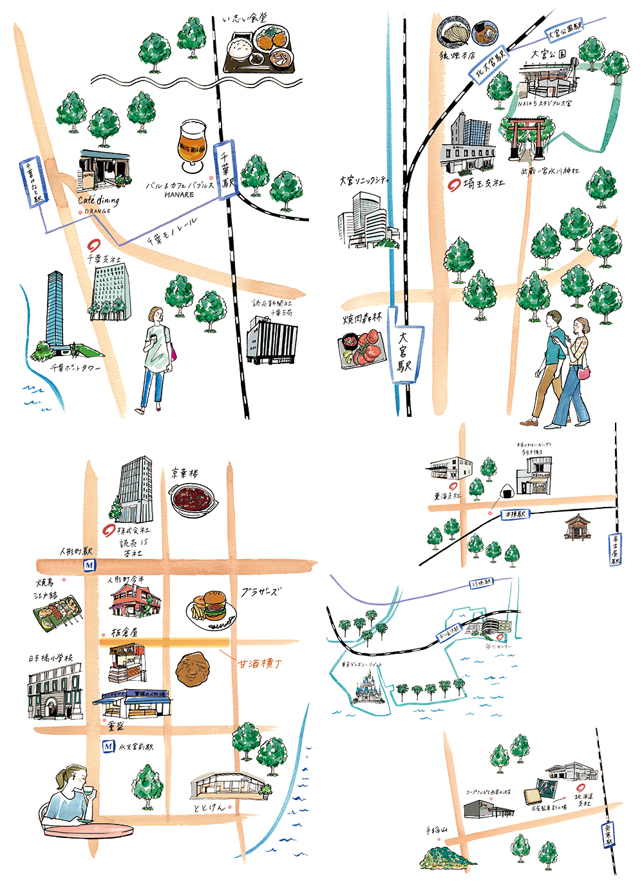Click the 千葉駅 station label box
tap(227, 171)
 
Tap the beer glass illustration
tap(192, 146)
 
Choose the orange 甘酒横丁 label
tap(260, 663)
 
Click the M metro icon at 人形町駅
tap(89, 566)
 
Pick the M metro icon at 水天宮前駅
tap(108, 747)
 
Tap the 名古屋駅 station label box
tap(616, 549)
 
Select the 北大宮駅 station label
tap(489, 65)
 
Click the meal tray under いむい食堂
tap(261, 52)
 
